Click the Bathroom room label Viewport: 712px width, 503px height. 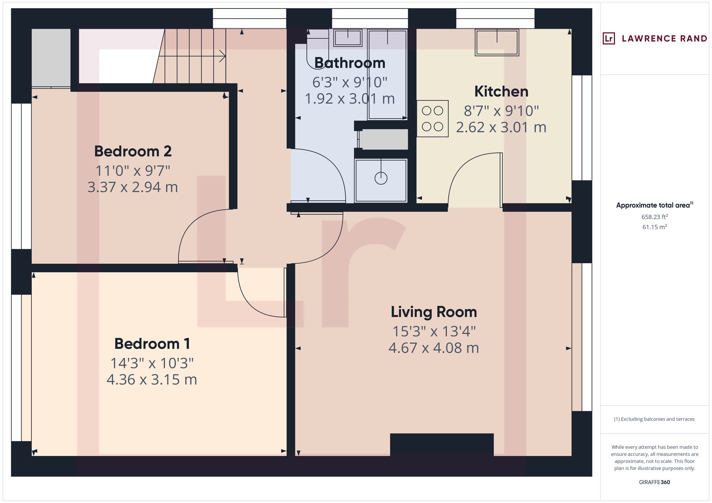(x=350, y=63)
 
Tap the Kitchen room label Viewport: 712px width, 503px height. (x=501, y=92)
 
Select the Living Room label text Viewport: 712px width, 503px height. (x=434, y=312)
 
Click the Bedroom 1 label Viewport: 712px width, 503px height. (x=152, y=344)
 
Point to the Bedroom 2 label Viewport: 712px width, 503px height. (x=133, y=151)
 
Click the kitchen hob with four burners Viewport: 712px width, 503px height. (x=433, y=118)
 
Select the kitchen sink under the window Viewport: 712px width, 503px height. (x=497, y=42)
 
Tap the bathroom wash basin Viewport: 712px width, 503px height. (x=347, y=38)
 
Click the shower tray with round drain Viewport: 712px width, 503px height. (x=381, y=181)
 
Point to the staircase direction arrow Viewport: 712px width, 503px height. (x=222, y=56)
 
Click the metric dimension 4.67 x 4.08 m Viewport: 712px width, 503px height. (x=434, y=348)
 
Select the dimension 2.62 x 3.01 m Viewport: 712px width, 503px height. (x=501, y=127)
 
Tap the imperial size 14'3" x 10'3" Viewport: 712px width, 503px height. (x=152, y=363)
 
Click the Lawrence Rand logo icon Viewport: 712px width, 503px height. (x=609, y=38)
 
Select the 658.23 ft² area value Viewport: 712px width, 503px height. (x=654, y=217)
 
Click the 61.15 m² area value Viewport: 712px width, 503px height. (x=654, y=227)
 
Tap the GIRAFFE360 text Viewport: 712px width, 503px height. (x=654, y=482)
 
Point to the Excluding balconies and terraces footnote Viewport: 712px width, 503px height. (x=654, y=419)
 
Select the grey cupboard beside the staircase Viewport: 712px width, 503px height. (x=51, y=58)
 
